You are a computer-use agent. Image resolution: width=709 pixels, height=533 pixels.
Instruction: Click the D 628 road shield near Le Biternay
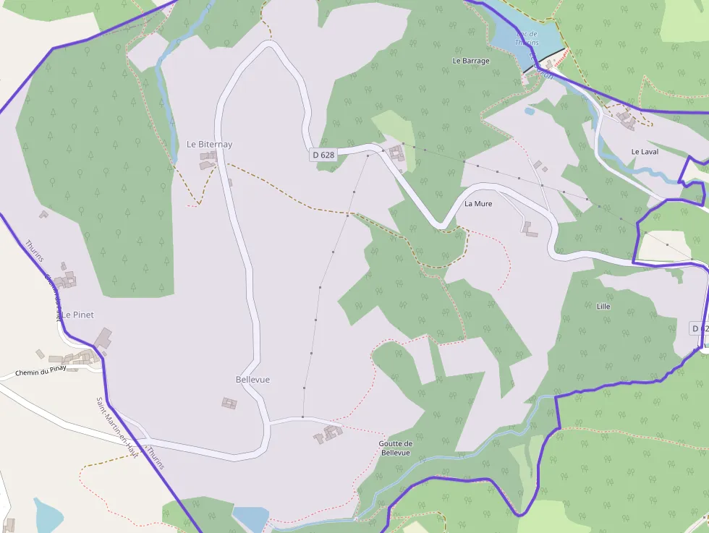tap(323, 155)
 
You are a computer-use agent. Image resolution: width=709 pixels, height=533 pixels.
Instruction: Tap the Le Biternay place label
tap(209, 145)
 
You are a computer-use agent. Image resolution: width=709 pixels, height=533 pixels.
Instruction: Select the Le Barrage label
tap(470, 61)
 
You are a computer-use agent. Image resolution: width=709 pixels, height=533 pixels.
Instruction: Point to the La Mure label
tap(478, 204)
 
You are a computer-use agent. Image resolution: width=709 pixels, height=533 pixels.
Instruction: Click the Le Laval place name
tap(645, 152)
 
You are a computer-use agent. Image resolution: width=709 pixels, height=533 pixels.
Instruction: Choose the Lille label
tap(603, 307)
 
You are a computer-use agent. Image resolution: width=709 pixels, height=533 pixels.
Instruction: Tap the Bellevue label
tap(252, 380)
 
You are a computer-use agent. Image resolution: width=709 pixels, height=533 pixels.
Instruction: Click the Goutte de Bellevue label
tap(395, 448)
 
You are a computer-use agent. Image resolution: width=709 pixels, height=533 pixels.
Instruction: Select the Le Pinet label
tap(77, 315)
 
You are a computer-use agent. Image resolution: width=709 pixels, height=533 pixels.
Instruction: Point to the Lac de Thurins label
tap(527, 38)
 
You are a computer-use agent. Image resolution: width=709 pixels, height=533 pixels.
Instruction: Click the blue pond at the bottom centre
tap(250, 518)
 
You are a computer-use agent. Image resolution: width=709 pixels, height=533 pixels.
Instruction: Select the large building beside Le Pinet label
tap(103, 338)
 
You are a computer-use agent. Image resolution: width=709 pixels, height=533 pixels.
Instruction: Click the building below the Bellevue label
tap(229, 403)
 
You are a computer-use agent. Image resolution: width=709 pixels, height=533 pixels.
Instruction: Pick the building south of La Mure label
tap(530, 229)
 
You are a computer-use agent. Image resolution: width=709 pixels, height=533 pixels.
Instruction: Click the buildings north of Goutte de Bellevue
tap(329, 434)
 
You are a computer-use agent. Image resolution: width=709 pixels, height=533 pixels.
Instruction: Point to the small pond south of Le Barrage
tap(530, 111)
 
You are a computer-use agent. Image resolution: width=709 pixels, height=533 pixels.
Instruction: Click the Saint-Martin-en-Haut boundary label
tap(117, 427)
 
